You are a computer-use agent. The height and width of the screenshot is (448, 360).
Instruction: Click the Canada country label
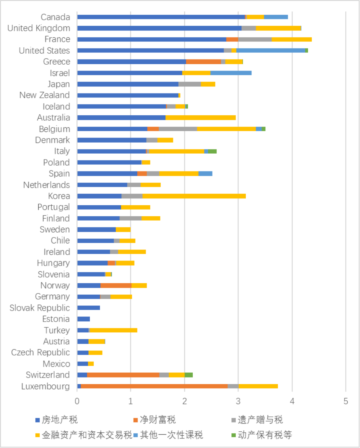[x=55, y=17]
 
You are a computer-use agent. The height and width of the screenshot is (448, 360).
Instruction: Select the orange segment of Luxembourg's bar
[x=154, y=386]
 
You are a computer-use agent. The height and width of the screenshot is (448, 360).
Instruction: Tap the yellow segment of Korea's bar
[x=194, y=196]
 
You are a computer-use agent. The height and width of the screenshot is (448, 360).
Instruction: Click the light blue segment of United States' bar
[x=271, y=50]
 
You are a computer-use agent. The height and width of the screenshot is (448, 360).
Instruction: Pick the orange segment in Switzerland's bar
[x=123, y=375]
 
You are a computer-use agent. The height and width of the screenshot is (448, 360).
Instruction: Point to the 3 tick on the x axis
[x=238, y=401]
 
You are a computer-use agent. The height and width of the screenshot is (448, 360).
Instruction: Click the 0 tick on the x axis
[x=77, y=401]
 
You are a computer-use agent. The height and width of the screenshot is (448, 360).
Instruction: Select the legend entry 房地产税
[x=57, y=420]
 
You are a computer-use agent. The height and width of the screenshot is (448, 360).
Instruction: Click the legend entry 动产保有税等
[x=262, y=435]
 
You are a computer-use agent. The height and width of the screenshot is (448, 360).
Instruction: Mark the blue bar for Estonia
[x=84, y=319]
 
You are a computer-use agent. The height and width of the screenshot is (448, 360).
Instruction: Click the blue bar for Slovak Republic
[x=88, y=308]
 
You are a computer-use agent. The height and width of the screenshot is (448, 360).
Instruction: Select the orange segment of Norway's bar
[x=116, y=286]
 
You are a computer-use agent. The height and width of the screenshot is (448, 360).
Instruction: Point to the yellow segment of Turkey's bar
[x=113, y=330]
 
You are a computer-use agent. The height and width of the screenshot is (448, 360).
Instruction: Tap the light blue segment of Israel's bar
[x=231, y=73]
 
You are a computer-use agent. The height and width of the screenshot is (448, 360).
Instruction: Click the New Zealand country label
[x=45, y=95]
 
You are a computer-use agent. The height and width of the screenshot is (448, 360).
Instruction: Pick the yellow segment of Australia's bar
[x=200, y=118]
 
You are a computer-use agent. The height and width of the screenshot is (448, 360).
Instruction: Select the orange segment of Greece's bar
[x=203, y=62]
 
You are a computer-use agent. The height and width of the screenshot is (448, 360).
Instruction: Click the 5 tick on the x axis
[x=346, y=401]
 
